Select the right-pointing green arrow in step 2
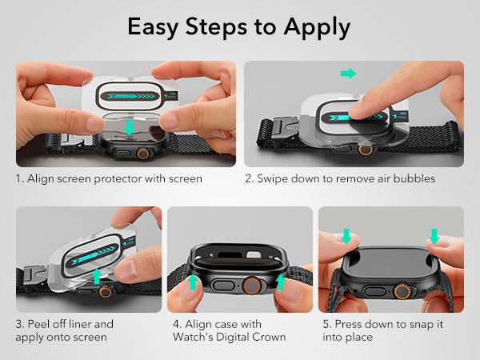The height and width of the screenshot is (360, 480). click(x=347, y=74)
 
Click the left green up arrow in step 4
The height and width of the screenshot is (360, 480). click(x=192, y=282)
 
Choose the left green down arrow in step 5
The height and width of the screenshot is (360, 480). click(x=346, y=236)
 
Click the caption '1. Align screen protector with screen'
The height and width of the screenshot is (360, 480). click(x=109, y=178)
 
